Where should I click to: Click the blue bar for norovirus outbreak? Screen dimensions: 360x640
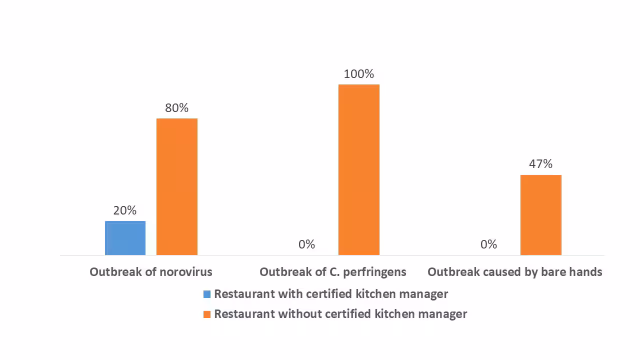[125, 238]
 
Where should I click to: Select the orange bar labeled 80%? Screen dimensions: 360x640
[177, 186]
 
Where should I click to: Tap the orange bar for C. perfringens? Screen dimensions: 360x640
[359, 169]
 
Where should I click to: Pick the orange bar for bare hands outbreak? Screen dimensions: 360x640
[541, 215]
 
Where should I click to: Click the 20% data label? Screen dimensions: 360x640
[125, 210]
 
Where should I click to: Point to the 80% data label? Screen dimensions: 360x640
[177, 108]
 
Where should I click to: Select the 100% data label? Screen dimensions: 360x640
[359, 74]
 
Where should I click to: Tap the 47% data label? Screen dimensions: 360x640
[541, 164]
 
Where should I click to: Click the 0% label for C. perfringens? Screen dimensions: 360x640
[307, 244]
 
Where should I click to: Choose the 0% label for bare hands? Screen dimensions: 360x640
[489, 244]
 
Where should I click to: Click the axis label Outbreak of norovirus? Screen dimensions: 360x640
[151, 272]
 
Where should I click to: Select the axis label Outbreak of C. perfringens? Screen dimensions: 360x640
[333, 272]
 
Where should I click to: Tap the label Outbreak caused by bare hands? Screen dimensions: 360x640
[515, 272]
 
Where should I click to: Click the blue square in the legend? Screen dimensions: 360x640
[207, 294]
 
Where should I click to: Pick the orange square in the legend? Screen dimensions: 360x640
[207, 314]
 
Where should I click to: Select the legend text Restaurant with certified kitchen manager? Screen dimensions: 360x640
[331, 294]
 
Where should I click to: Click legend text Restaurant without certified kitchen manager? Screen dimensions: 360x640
[340, 314]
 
